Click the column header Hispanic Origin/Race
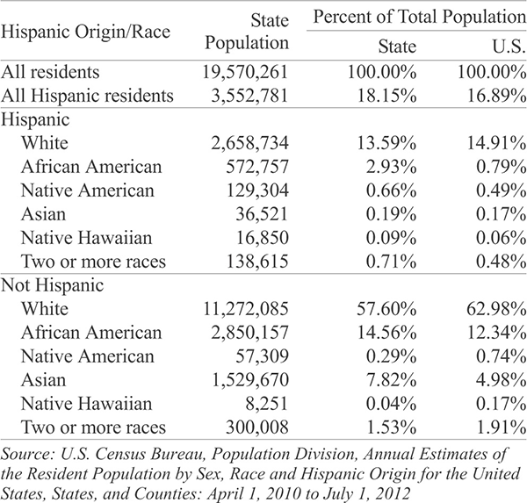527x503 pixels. tap(85, 32)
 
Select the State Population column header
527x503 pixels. tap(247, 32)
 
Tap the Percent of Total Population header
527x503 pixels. tap(420, 17)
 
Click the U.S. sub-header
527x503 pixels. tap(509, 47)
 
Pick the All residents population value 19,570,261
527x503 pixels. tap(245, 72)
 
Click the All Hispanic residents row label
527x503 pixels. tap(87, 96)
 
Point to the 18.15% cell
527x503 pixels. tap(386, 96)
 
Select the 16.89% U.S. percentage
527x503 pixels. tap(496, 96)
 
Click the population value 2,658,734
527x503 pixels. tap(249, 143)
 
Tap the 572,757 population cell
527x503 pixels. tap(257, 167)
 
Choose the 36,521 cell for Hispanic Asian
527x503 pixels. tap(262, 214)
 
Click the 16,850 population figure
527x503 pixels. tap(263, 238)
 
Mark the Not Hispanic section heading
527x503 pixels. tap(53, 285)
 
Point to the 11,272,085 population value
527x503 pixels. tap(246, 309)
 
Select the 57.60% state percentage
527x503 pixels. tap(386, 309)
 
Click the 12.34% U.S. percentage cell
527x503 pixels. tap(496, 333)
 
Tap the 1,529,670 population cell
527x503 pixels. tap(250, 380)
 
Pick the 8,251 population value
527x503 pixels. tap(267, 404)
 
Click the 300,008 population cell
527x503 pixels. tap(257, 428)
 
